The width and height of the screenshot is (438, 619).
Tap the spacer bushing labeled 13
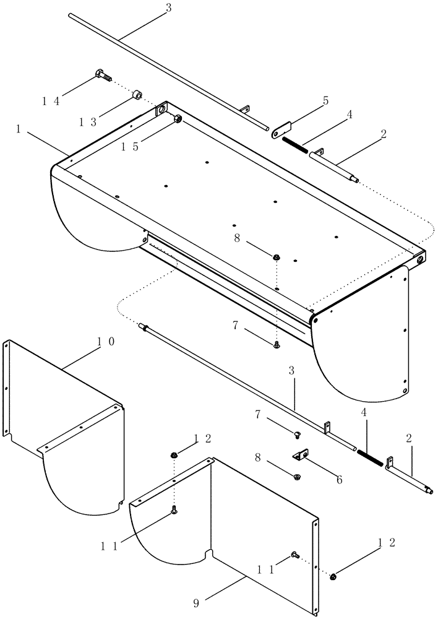[135, 95]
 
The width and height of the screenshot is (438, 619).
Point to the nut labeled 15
[178, 118]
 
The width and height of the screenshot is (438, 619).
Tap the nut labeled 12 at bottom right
[333, 577]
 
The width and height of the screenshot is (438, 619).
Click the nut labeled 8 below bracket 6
[297, 478]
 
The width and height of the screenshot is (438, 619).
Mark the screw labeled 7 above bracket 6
[296, 435]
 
